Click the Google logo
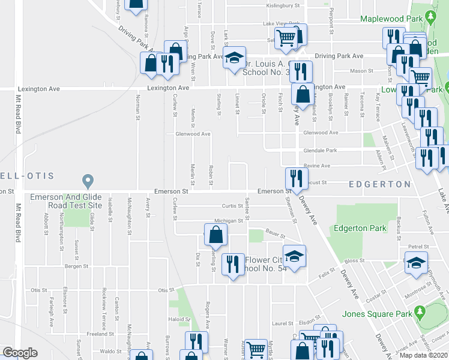pyautogui.click(x=20, y=353)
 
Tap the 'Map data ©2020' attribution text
pyautogui.click(x=424, y=355)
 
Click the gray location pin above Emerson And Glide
pyautogui.click(x=88, y=180)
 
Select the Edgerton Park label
pyautogui.click(x=360, y=228)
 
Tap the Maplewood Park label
pyautogui.click(x=387, y=19)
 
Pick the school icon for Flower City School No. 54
pyautogui.click(x=294, y=256)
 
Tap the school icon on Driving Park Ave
pyautogui.click(x=234, y=58)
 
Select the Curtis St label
pyautogui.click(x=231, y=206)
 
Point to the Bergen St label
pyautogui.click(x=76, y=266)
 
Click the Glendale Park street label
pyautogui.click(x=321, y=151)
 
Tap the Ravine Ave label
pyautogui.click(x=316, y=166)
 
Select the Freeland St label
pyautogui.click(x=96, y=334)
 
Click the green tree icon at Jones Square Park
pyautogui.click(x=420, y=313)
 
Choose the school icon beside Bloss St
pyautogui.click(x=416, y=262)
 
